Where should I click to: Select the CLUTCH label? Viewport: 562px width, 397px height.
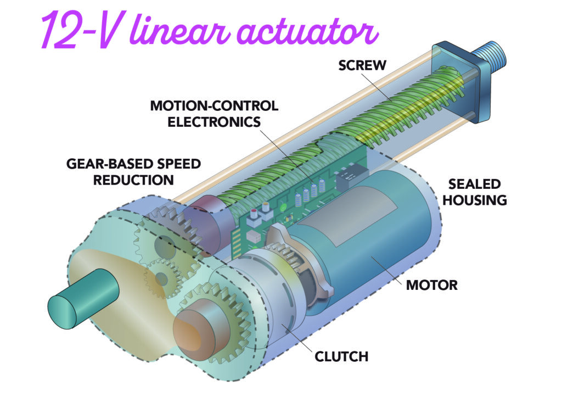[341, 356]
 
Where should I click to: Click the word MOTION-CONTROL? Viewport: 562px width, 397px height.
[214, 106]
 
